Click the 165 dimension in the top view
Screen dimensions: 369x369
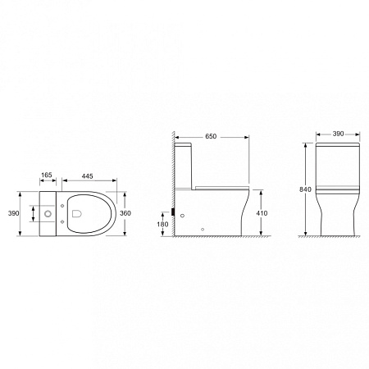click(46, 175)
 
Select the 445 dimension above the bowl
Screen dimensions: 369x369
click(85, 175)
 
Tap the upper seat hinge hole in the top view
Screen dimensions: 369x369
click(63, 205)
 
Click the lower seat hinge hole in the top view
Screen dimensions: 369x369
click(63, 224)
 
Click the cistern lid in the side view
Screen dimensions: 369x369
click(186, 144)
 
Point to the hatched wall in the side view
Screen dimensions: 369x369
click(173, 180)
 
